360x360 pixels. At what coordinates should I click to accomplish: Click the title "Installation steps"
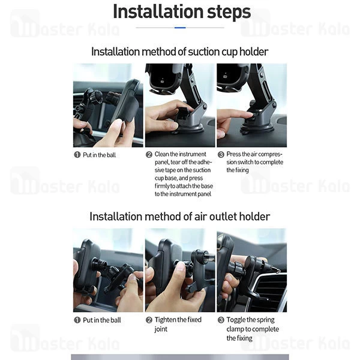[182, 11]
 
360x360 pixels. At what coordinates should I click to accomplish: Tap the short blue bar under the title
[180, 28]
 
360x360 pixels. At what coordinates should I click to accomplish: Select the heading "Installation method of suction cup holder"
[180, 52]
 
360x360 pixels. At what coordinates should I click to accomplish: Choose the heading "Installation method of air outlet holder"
[180, 216]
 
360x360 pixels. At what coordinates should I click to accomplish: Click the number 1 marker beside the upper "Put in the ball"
[77, 155]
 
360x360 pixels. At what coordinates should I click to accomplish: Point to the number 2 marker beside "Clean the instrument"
[149, 155]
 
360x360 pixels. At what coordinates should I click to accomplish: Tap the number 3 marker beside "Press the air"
[221, 155]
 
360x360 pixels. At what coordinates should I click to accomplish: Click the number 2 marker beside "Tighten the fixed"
[149, 320]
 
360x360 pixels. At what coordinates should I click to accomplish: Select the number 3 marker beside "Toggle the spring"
[221, 320]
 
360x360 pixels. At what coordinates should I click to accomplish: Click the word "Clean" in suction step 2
[161, 154]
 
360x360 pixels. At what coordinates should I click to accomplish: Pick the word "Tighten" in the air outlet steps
[166, 320]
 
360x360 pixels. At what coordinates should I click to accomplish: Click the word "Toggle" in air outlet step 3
[237, 320]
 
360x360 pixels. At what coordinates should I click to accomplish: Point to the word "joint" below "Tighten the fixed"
[161, 329]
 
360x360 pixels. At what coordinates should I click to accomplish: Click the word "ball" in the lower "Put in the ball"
[115, 320]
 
